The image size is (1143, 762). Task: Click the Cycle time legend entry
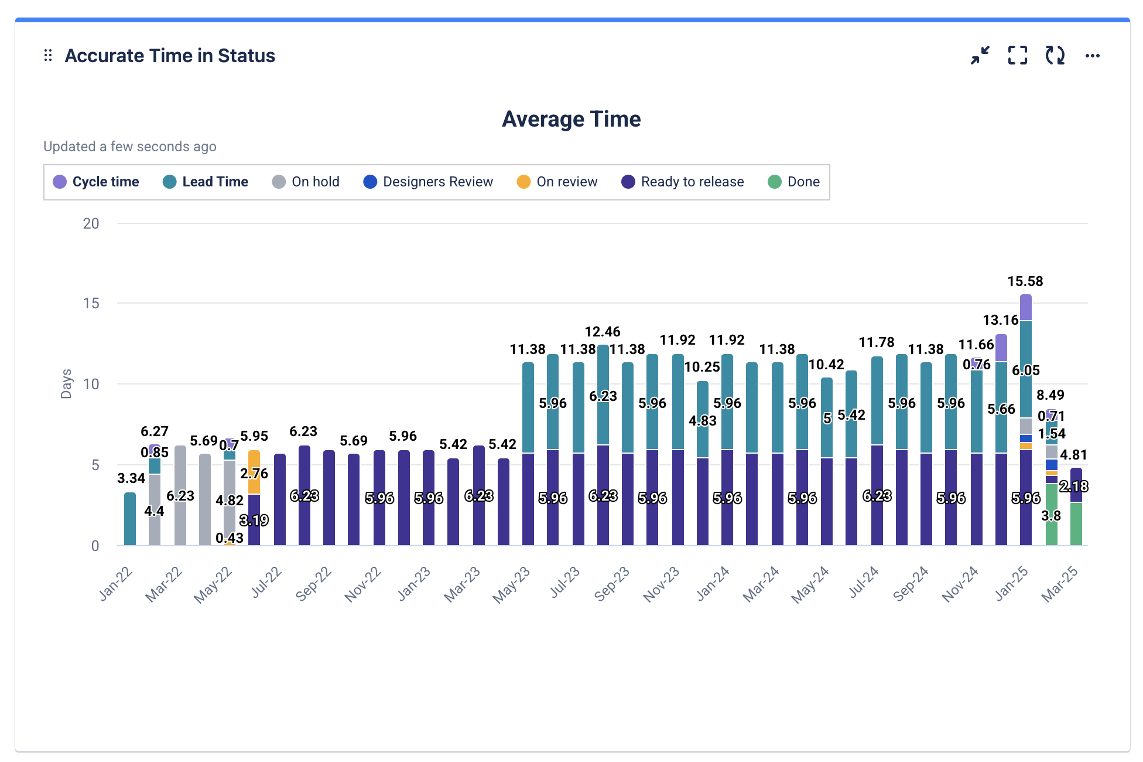(97, 182)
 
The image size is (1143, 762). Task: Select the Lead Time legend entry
(206, 182)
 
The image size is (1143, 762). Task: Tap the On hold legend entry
(306, 182)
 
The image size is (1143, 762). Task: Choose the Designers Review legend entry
(429, 182)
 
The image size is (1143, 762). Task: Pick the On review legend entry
(557, 182)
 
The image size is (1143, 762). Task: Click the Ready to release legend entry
(683, 182)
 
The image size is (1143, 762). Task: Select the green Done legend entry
(794, 182)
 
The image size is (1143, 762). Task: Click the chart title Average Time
(571, 119)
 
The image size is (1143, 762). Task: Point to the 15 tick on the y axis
(91, 303)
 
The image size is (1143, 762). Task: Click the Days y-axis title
(66, 384)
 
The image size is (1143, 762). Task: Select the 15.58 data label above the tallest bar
(1025, 281)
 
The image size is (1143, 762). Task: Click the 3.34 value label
(131, 478)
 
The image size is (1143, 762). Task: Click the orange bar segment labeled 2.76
(254, 472)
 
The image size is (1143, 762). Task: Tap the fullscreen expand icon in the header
(1018, 56)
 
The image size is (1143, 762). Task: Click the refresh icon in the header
(1055, 56)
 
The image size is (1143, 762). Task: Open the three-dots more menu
(1092, 56)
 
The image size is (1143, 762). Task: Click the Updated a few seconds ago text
(130, 147)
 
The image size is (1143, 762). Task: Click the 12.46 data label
(602, 332)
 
